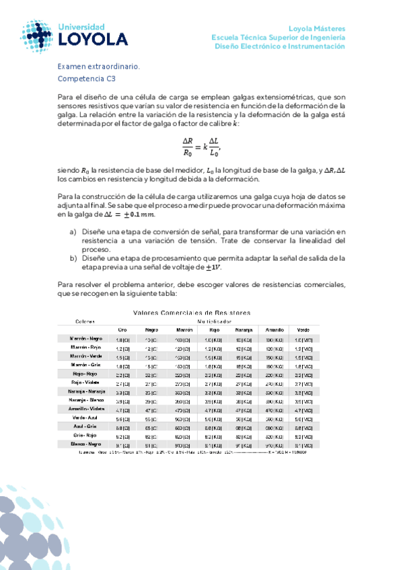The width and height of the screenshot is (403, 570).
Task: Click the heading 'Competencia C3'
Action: (x=87, y=79)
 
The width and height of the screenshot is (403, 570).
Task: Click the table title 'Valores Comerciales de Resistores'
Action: (x=192, y=313)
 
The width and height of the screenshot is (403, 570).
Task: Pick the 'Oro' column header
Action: (x=122, y=330)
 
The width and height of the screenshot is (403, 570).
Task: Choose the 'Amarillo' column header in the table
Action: (x=273, y=330)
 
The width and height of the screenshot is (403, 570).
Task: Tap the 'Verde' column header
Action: (x=303, y=330)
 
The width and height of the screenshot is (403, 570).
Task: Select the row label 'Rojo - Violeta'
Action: (x=87, y=382)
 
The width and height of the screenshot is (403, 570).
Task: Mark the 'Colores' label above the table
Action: (x=85, y=321)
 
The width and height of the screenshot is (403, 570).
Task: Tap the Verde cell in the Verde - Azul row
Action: (x=303, y=417)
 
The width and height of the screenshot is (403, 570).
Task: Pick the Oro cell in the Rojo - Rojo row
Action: (x=122, y=374)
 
